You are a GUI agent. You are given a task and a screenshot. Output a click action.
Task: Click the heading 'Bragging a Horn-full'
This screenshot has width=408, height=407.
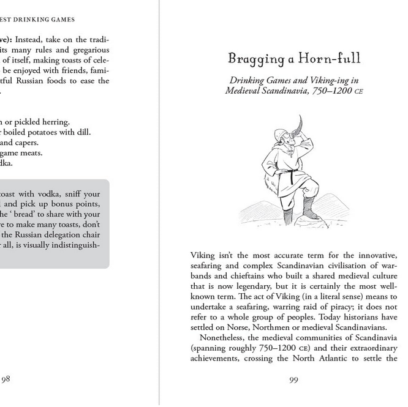[294, 59]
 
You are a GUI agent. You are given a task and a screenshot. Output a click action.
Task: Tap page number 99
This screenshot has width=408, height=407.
[293, 380]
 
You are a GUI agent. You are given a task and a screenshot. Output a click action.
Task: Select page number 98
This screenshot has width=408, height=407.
[6, 379]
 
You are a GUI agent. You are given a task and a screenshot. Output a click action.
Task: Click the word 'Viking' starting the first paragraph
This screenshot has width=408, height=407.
[203, 255]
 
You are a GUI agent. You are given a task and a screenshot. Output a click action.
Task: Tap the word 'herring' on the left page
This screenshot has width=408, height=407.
[53, 122]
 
